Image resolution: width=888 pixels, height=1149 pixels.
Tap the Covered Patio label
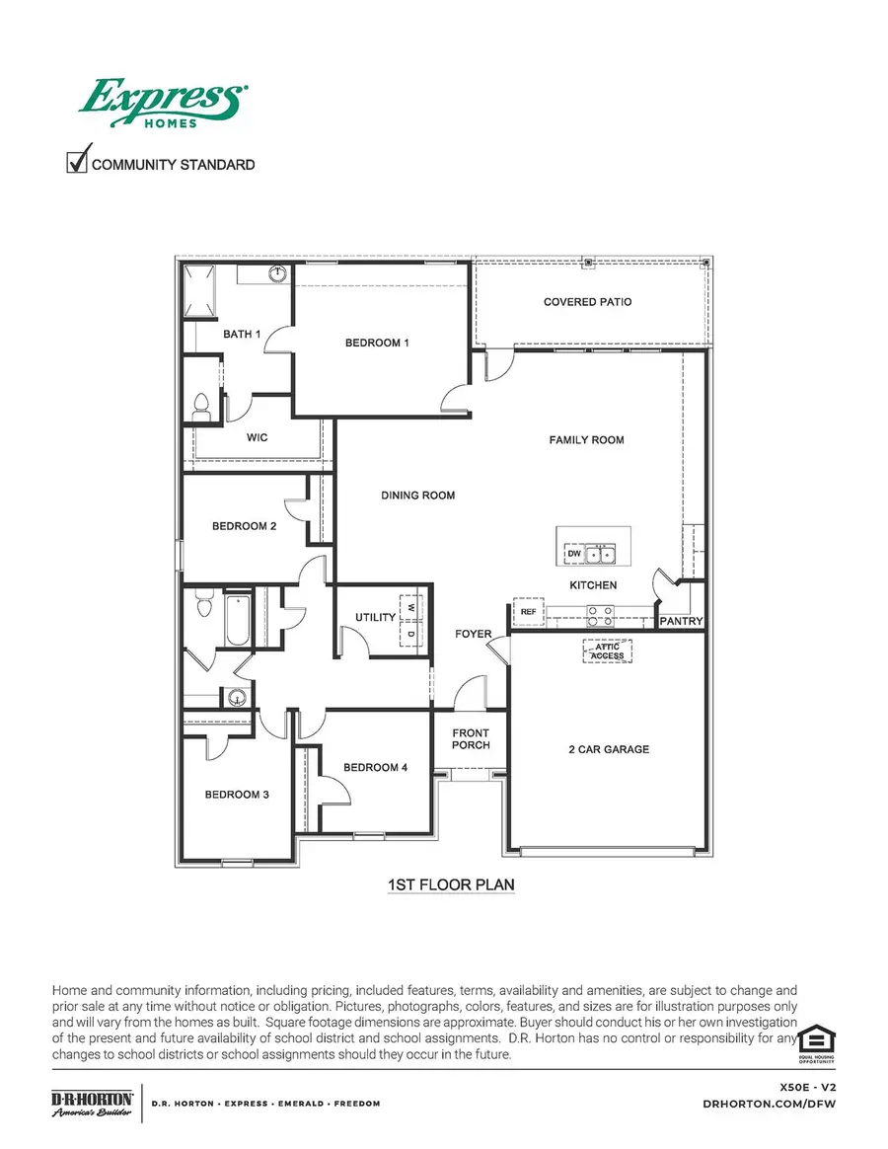click(587, 302)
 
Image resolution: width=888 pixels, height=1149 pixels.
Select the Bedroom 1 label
click(377, 344)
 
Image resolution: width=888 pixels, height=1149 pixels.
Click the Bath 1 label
click(242, 335)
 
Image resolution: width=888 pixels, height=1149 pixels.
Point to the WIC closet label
click(258, 436)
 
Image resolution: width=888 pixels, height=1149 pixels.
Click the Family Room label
click(586, 440)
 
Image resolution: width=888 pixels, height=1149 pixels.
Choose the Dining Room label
click(418, 496)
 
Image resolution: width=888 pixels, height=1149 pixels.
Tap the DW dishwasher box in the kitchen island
click(574, 555)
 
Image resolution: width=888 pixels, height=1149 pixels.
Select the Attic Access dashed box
click(607, 651)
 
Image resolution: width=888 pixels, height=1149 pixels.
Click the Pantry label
click(681, 622)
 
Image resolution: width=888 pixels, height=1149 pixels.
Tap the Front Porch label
click(471, 739)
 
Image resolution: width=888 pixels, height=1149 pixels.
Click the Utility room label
click(375, 618)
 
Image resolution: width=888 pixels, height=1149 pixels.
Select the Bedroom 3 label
click(237, 795)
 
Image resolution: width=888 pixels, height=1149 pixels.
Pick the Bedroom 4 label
click(376, 768)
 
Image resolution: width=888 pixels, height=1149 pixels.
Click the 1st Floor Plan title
click(451, 885)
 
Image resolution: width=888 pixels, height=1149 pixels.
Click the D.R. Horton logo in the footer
click(92, 1103)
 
